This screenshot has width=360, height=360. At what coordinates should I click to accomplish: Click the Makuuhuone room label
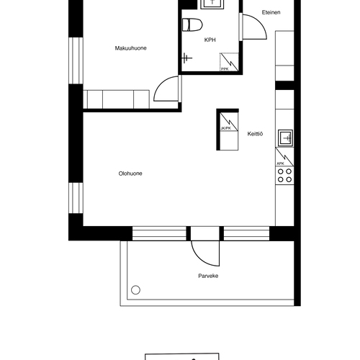[x=130, y=48]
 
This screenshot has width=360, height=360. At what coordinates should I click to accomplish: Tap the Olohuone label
[x=130, y=174]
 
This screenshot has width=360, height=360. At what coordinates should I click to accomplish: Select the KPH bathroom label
[x=210, y=40]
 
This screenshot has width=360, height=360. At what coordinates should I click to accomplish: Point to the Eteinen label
[x=271, y=12]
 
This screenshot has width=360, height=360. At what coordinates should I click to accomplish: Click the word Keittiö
[x=255, y=134]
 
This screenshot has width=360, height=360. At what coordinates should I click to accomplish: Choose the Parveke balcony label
[x=208, y=276]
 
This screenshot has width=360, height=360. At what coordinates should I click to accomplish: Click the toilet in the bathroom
[x=192, y=24]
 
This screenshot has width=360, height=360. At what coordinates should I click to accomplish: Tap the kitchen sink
[x=286, y=138]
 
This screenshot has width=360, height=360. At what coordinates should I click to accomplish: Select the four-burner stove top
[x=284, y=176]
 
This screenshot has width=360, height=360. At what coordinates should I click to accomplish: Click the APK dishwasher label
[x=280, y=163]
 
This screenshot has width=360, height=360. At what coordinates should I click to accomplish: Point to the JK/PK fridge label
[x=225, y=128]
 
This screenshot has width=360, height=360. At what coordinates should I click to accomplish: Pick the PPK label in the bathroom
[x=225, y=69]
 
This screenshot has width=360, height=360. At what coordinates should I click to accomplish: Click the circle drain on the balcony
[x=135, y=290]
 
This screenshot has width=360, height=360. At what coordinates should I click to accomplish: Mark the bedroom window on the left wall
[x=76, y=60]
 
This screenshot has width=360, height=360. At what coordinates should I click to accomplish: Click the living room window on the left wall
[x=76, y=198]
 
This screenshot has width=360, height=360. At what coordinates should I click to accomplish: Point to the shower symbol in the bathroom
[x=186, y=58]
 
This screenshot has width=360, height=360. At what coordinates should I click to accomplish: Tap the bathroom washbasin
[x=212, y=4]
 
